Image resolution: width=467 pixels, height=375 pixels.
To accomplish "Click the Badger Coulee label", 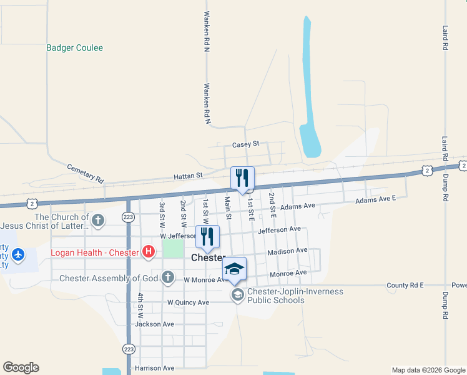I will pyautogui.click(x=74, y=47).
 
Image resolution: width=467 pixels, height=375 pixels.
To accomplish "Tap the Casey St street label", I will pyautogui.click(x=245, y=144).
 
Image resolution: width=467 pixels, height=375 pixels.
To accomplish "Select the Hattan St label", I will pyautogui.click(x=189, y=177).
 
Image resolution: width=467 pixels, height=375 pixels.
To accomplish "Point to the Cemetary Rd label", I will pyautogui.click(x=85, y=173).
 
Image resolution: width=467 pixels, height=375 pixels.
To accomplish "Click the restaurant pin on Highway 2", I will pyautogui.click(x=242, y=178).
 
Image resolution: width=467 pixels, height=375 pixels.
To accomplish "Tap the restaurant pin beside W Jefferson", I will pyautogui.click(x=208, y=236).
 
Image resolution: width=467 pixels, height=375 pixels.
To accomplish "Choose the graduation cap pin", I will pyautogui.click(x=234, y=269).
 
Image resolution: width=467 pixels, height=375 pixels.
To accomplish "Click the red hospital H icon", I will pyautogui.click(x=148, y=252).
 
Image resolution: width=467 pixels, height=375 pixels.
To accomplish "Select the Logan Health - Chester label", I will pyautogui.click(x=94, y=252).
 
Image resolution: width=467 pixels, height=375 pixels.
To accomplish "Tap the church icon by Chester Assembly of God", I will pyautogui.click(x=167, y=277).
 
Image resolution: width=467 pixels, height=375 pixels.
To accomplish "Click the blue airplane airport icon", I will pyautogui.click(x=18, y=254).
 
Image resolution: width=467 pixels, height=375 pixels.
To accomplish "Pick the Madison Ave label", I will pyautogui.click(x=287, y=251).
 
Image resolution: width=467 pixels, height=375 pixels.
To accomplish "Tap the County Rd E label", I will pyautogui.click(x=405, y=285).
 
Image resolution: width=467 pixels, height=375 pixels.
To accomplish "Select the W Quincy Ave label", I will pyautogui.click(x=188, y=302).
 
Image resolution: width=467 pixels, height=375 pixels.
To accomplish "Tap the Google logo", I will pyautogui.click(x=21, y=367).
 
